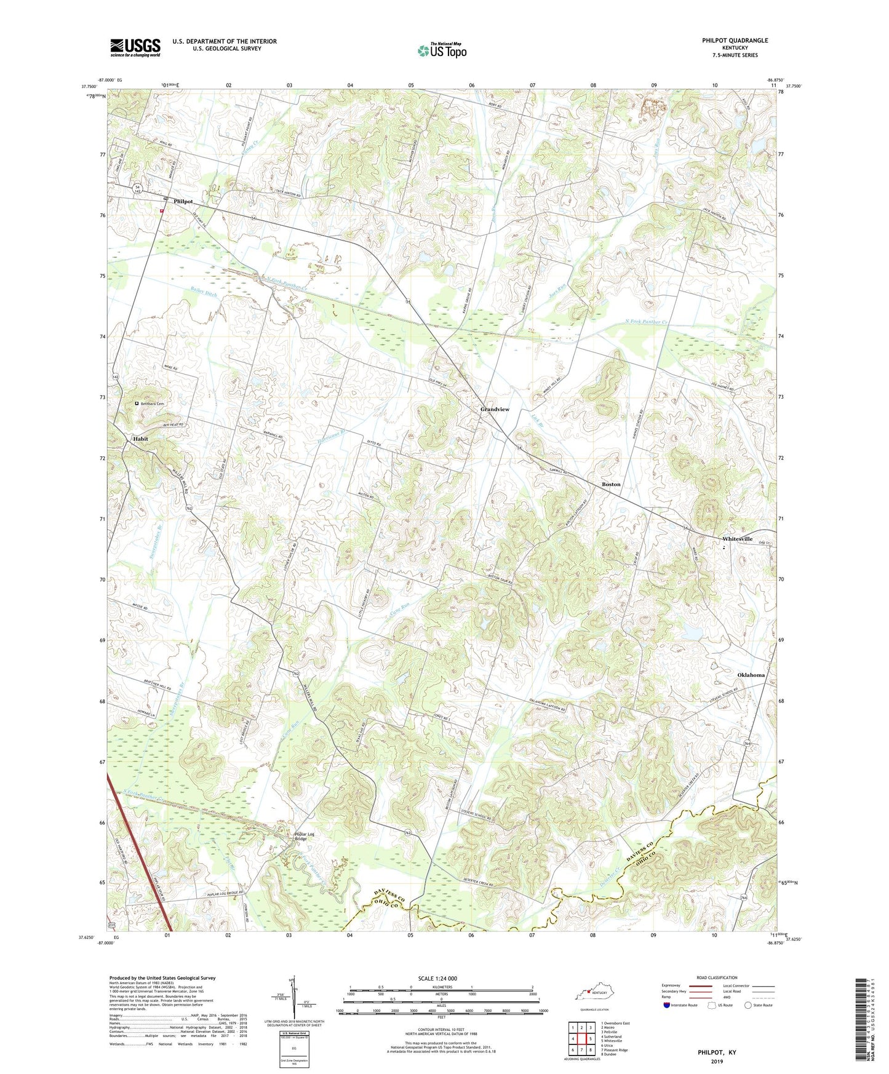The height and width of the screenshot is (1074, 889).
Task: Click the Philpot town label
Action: point(183,201)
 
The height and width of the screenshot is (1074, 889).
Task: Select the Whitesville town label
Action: point(737,539)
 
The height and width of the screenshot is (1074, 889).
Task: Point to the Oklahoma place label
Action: point(751,675)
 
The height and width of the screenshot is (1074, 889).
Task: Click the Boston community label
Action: point(611,484)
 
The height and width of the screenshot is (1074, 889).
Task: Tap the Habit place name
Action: point(140,439)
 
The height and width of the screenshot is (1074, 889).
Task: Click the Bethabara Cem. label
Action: point(153,404)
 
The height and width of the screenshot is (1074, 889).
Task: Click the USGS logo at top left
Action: point(135,47)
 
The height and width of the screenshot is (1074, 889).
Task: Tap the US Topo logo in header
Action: point(442,50)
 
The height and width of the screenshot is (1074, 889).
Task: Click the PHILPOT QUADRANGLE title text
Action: point(735,41)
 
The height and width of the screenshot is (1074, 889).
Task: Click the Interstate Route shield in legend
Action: point(667,1005)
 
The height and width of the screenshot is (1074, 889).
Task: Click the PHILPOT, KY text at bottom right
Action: point(717,1052)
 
